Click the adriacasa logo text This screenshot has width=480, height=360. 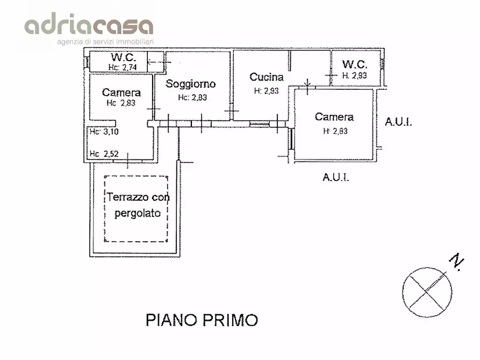click(89, 25)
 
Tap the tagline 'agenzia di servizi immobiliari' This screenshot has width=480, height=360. click(105, 41)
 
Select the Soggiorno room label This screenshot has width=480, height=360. click(190, 84)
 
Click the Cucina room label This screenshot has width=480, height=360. click(266, 77)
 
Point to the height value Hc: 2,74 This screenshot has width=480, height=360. click(123, 67)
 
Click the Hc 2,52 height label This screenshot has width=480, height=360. click(104, 154)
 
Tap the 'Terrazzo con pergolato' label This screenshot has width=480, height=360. click(138, 205)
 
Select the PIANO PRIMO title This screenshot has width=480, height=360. click(202, 320)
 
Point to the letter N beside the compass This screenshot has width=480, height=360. click(456, 262)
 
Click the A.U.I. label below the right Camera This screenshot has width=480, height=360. click(336, 177)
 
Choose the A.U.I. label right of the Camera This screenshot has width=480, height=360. click(398, 122)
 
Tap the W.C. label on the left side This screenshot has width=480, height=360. click(124, 57)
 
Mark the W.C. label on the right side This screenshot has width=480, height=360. click(355, 65)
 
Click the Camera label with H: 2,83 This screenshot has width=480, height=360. click(334, 117)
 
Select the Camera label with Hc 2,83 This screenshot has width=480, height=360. click(121, 92)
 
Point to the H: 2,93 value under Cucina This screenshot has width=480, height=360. click(266, 91)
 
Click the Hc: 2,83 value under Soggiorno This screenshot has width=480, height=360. click(192, 97)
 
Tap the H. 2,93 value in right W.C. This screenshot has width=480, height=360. click(354, 76)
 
